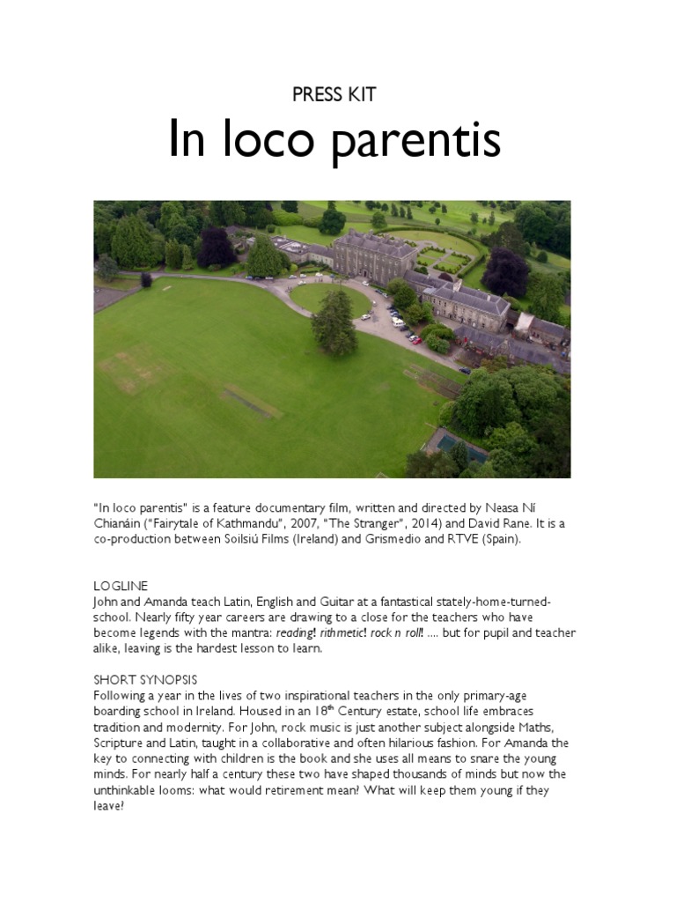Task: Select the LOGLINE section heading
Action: [121, 586]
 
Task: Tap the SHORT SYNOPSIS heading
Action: [145, 679]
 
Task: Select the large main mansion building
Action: [374, 256]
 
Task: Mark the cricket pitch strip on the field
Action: [253, 402]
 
